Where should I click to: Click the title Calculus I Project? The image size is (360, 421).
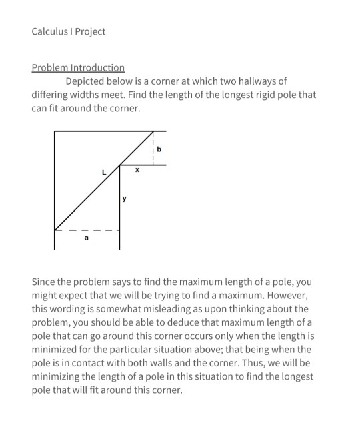pos(68,31)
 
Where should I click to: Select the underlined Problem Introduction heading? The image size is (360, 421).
pos(78,68)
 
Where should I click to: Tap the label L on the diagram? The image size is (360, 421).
pos(103,173)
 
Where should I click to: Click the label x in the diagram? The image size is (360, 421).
pos(137,171)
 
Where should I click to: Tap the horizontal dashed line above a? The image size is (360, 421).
pos(87,231)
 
